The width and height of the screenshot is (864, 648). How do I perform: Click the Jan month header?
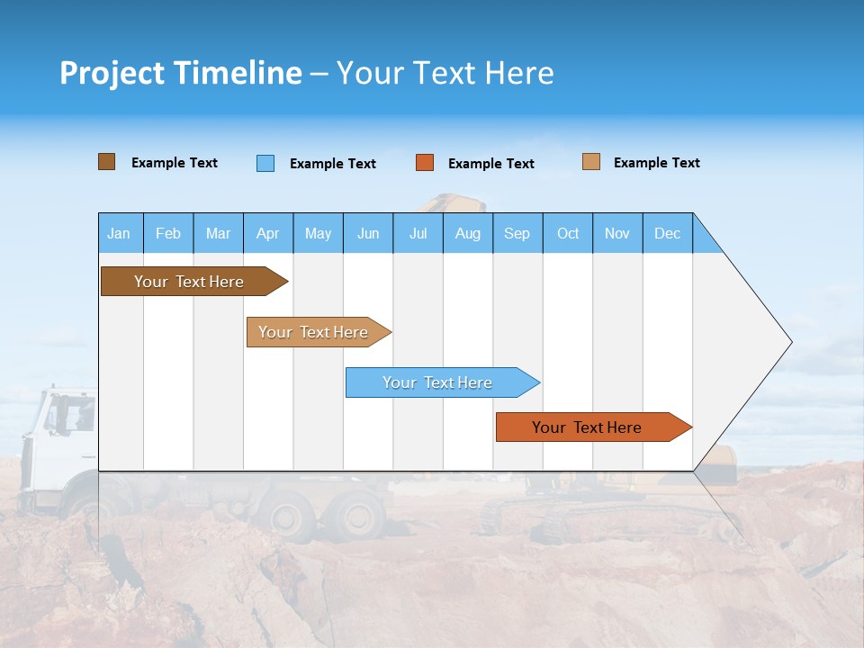119,233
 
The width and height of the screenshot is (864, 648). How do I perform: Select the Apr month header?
267,233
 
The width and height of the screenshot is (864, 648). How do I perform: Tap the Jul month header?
418,233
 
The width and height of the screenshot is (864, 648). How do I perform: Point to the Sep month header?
517,233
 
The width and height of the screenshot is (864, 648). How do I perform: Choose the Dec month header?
667,233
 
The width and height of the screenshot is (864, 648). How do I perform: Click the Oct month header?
568,233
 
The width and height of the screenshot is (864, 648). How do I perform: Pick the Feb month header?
168,233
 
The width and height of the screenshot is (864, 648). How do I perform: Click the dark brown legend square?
106,162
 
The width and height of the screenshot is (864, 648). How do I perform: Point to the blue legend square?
265,163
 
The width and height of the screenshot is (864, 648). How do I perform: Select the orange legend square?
425,163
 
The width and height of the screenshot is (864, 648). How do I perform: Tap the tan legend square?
590,162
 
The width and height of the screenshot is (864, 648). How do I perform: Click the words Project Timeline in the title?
180,73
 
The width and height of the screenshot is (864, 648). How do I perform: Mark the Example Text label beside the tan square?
656,163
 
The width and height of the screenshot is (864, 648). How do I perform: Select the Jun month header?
368,233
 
